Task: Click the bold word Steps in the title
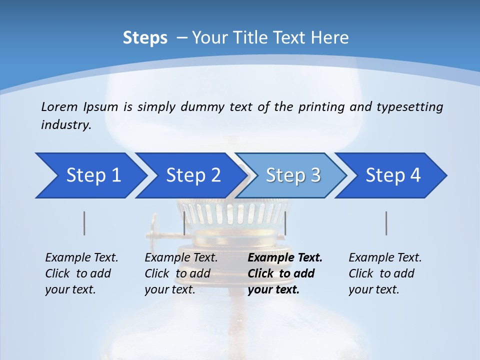pos(145,38)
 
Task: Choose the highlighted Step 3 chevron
pos(293,175)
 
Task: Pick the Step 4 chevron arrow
pos(393,175)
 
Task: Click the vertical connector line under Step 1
pos(84,223)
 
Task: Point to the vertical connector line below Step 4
pos(386,223)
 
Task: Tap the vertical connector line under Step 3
pos(285,223)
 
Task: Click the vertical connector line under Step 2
pos(184,223)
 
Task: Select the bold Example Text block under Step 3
pos(285,273)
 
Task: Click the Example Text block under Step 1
pos(81,273)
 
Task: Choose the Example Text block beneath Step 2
pos(181,273)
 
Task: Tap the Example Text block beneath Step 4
pos(385,273)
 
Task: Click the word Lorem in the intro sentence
pos(59,107)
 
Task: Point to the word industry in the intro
pos(66,125)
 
